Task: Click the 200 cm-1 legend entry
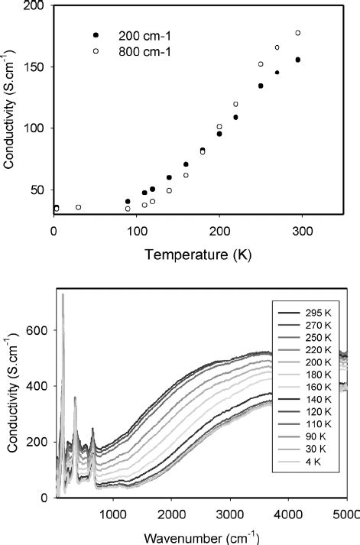click(x=136, y=36)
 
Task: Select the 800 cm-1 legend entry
click(x=136, y=51)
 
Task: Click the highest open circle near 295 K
click(x=298, y=33)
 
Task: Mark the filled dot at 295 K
click(x=298, y=60)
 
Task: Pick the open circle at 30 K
click(x=79, y=207)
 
